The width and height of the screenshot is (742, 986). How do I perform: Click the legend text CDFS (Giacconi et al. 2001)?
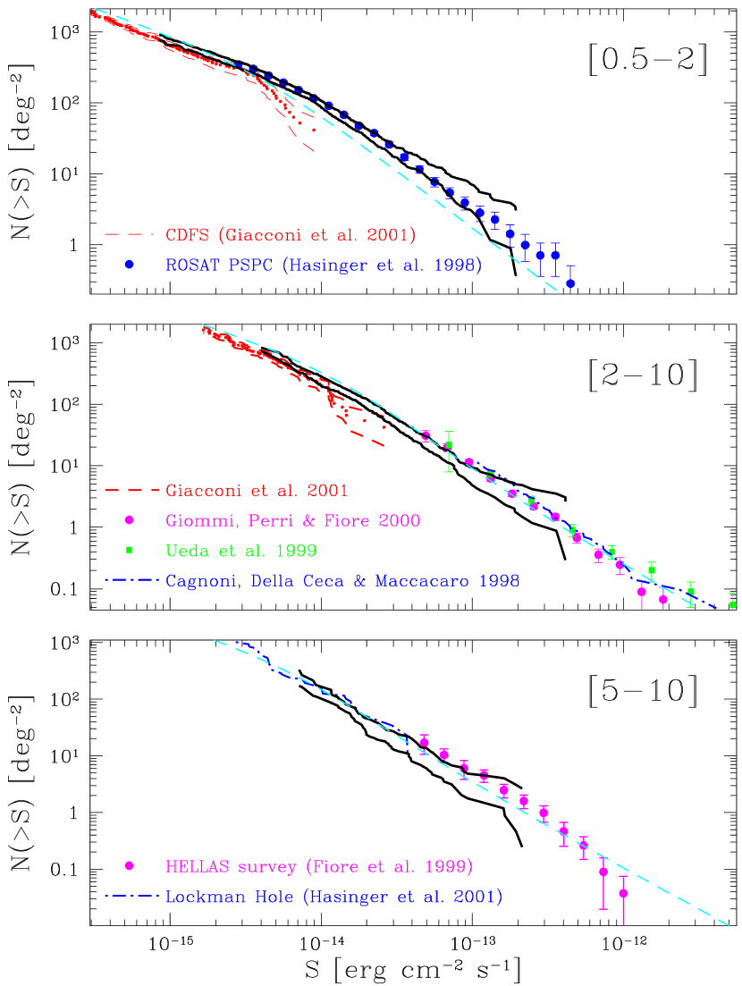tap(291, 235)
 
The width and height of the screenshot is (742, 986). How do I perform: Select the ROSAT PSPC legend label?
tap(323, 265)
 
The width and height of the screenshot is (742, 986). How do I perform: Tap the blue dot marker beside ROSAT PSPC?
tap(129, 265)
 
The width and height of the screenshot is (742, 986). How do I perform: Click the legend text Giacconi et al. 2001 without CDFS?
tap(257, 491)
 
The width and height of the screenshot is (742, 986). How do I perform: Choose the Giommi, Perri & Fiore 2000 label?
tap(292, 520)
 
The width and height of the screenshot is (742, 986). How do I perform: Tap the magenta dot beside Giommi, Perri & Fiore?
tap(129, 520)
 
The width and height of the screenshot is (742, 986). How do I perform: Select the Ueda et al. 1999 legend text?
tap(240, 551)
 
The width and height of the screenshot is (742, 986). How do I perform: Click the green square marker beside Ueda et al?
tap(129, 550)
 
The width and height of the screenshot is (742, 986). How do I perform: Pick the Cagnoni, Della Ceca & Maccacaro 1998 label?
tap(342, 581)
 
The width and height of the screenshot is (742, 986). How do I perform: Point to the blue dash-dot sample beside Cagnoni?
tap(131, 580)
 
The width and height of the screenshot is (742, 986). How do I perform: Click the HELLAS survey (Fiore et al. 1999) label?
tap(318, 866)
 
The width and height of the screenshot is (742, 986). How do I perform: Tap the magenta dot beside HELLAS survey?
tap(129, 865)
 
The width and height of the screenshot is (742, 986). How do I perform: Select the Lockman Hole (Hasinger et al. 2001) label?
tap(333, 897)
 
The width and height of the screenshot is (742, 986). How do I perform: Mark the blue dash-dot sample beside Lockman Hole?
tap(131, 896)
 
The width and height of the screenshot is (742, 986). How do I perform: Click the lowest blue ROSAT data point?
tap(570, 283)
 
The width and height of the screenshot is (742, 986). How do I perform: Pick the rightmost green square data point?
tap(732, 605)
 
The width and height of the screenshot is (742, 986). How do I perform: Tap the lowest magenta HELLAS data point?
tap(623, 893)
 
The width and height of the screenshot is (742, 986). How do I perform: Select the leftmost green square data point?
tap(449, 445)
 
